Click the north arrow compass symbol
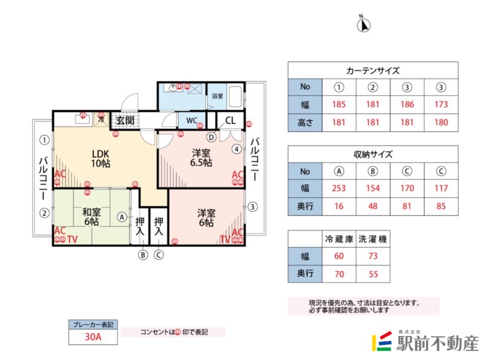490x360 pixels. point(364,24)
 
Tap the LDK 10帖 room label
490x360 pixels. point(100,158)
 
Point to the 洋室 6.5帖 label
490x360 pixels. point(201,158)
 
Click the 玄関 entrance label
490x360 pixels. point(126,119)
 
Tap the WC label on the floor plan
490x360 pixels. point(190,120)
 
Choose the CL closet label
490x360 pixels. point(230,120)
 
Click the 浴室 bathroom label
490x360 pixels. point(217,96)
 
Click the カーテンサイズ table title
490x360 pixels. point(372,70)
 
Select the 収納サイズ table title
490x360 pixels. point(372,154)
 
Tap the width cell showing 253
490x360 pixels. point(339,189)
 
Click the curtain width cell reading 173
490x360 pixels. point(440,105)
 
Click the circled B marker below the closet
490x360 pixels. point(143,255)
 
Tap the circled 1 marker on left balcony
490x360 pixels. point(44,140)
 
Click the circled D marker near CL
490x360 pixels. point(211,137)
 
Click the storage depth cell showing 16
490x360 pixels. point(339,206)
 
